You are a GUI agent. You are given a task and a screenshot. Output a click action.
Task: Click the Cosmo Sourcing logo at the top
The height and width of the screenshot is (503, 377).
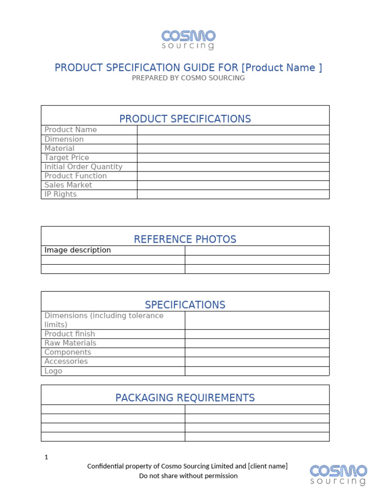pyautogui.click(x=188, y=40)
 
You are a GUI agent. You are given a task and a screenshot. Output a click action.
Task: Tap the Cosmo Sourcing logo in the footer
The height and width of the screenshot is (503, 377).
pyautogui.click(x=338, y=475)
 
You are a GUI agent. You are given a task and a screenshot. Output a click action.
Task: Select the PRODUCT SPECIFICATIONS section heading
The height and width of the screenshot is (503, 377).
pyautogui.click(x=185, y=118)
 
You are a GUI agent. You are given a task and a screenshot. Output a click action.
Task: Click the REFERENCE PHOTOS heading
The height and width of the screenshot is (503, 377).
pyautogui.click(x=185, y=239)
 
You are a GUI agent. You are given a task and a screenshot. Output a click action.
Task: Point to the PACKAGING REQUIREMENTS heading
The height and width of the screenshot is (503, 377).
pyautogui.click(x=185, y=397)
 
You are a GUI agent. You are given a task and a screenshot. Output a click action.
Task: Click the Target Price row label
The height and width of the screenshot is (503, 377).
pyautogui.click(x=67, y=158)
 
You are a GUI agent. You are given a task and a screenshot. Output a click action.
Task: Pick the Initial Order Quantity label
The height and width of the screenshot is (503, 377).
pyautogui.click(x=83, y=167)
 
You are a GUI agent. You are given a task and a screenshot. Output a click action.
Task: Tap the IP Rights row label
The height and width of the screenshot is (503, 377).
pyautogui.click(x=60, y=194)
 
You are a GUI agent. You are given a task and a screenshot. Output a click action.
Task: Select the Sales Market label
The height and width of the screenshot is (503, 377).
pyautogui.click(x=68, y=185)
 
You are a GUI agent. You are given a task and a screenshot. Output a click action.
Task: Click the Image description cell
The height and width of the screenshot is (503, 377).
pyautogui.click(x=78, y=250)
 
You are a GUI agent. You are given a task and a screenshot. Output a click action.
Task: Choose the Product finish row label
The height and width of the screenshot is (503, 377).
pyautogui.click(x=70, y=334)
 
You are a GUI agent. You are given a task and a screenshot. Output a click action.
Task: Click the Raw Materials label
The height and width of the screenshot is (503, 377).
pyautogui.click(x=70, y=343)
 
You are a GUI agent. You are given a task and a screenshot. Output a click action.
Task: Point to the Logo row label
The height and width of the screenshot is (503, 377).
pyautogui.click(x=54, y=371)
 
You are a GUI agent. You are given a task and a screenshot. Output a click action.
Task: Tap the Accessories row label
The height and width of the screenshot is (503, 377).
pyautogui.click(x=66, y=362)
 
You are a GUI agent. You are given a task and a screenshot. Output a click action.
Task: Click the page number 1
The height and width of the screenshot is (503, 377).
pyautogui.click(x=46, y=457)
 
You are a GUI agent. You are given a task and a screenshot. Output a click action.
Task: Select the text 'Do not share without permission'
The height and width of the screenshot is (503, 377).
pyautogui.click(x=188, y=475)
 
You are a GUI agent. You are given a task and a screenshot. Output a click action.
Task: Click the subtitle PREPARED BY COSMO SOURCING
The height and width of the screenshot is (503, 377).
pyautogui.click(x=188, y=78)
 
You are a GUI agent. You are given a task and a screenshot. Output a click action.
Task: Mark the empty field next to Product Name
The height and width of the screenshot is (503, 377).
pyautogui.click(x=233, y=130)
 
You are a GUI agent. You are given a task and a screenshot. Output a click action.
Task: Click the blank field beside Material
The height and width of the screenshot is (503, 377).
pyautogui.click(x=233, y=148)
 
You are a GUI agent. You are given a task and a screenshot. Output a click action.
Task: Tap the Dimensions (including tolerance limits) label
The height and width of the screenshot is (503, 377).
pyautogui.click(x=104, y=320)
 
